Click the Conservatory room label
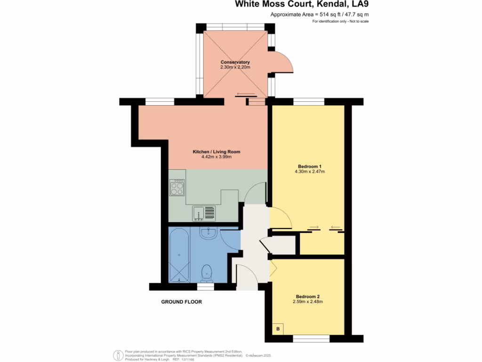coord(235,62)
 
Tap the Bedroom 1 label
coord(309,166)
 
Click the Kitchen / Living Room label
coord(217,152)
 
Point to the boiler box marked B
coord(278,329)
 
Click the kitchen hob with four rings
coord(177,187)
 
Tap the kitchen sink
coord(203,213)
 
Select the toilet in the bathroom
coord(206,272)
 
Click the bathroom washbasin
coord(208,232)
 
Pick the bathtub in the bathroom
coord(179,255)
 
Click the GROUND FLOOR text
coord(181,302)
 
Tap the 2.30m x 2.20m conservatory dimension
coord(235,67)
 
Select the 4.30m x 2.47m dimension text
coord(309,172)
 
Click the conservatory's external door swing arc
coord(283,62)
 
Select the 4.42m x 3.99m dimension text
coord(217,157)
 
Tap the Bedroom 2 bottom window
coord(307,337)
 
